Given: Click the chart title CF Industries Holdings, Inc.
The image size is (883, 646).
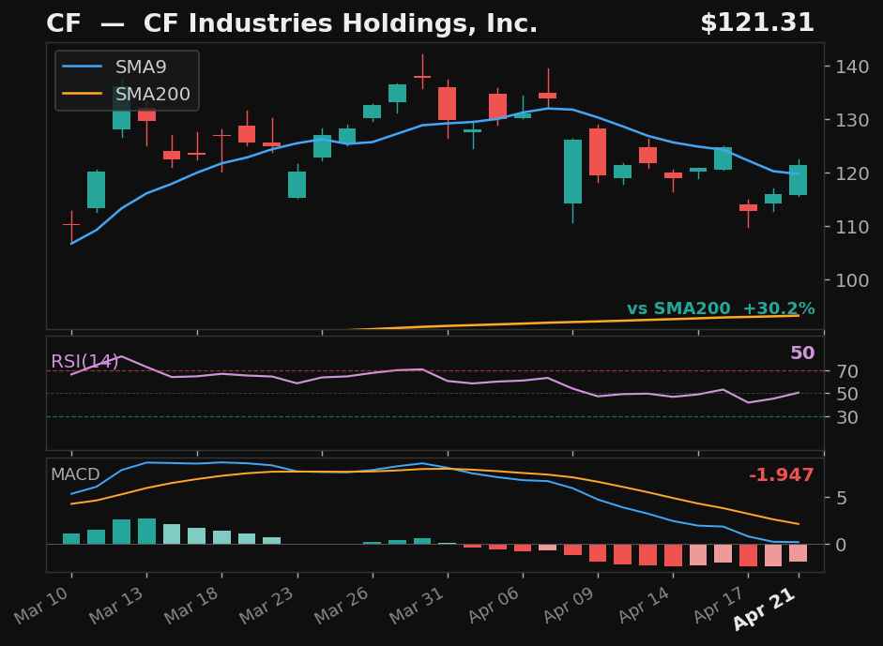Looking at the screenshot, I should tap(292, 23).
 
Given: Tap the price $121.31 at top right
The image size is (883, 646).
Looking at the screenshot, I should tap(756, 23).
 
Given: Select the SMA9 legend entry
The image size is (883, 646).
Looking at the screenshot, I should tap(141, 68).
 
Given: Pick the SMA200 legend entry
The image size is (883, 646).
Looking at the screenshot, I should tap(152, 95).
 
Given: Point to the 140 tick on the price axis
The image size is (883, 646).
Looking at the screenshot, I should tap(846, 67).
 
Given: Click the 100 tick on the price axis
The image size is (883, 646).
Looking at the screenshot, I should tap(846, 280).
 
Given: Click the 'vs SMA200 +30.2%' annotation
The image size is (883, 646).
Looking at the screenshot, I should tap(720, 308).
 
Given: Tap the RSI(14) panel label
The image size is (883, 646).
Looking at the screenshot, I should tap(84, 362).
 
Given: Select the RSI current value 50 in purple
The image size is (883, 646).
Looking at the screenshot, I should tap(801, 353).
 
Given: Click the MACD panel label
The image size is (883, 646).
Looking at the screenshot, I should tap(74, 475).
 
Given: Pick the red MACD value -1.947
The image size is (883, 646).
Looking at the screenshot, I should tap(781, 475).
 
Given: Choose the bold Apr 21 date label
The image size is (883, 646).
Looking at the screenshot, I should tap(765, 610).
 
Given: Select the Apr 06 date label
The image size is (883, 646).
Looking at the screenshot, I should tap(508, 609).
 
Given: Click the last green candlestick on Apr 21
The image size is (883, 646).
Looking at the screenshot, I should tap(798, 180).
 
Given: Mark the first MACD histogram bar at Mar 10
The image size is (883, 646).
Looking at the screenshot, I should tap(71, 538).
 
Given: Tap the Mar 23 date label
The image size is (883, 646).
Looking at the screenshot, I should tap(282, 609).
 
